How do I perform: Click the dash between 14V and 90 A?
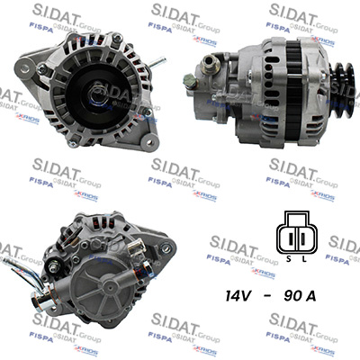281,293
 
